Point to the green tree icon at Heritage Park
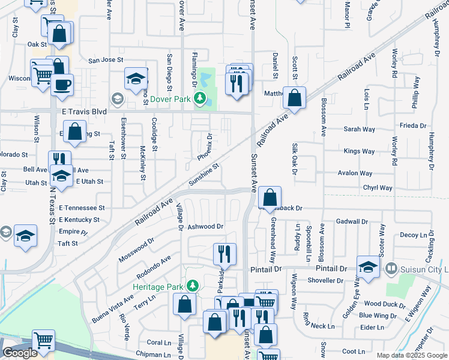[x=193, y=286]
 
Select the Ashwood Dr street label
[x=205, y=227]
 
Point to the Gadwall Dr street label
[x=352, y=221]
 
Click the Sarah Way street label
[x=359, y=129]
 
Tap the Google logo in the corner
[x=20, y=353]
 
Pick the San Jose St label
[x=106, y=60]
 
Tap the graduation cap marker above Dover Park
[x=136, y=79]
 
